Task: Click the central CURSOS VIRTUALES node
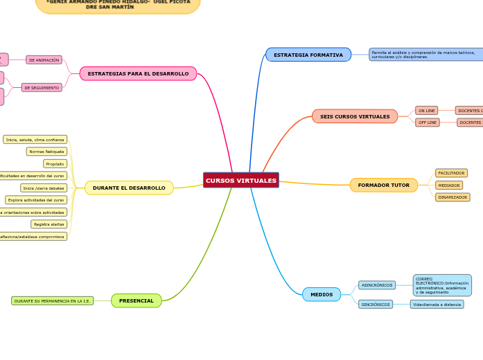(x=241, y=181)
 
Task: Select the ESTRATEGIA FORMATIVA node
(x=308, y=55)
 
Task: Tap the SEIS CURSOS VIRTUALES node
(x=355, y=117)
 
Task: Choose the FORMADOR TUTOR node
(x=383, y=186)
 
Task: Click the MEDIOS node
(x=322, y=294)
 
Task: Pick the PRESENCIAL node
(x=137, y=301)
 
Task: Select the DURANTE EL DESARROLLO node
(x=129, y=188)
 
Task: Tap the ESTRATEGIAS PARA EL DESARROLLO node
(x=138, y=73)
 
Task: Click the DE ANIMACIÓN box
(x=44, y=60)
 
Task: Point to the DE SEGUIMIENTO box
(x=42, y=88)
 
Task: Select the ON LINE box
(x=427, y=111)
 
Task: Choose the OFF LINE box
(x=428, y=123)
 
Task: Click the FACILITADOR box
(x=451, y=173)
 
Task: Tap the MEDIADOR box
(x=449, y=186)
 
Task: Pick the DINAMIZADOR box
(x=453, y=197)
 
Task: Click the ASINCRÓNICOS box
(x=377, y=285)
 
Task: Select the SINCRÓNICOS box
(x=376, y=305)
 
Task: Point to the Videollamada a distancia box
(x=437, y=305)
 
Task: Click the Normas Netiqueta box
(x=46, y=152)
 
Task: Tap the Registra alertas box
(x=49, y=224)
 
